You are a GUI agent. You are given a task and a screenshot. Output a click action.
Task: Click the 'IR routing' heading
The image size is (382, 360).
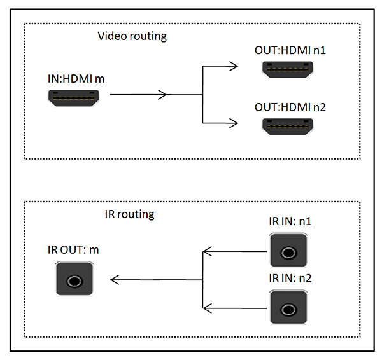click(x=129, y=214)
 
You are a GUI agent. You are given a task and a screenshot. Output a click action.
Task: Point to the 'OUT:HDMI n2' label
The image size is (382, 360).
click(x=290, y=107)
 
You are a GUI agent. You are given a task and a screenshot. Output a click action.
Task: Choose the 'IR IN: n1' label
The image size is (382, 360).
click(x=290, y=223)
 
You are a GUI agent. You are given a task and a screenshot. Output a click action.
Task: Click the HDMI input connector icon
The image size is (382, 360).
click(x=74, y=98)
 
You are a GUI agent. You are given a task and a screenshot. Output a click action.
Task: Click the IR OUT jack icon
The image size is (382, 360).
click(x=75, y=279)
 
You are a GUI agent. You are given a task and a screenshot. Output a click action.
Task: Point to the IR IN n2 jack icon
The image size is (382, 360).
click(x=288, y=308)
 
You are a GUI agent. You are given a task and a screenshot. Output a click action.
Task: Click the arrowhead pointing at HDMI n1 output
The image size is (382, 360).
click(x=234, y=66)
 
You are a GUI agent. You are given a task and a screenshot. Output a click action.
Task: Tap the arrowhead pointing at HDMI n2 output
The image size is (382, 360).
click(x=234, y=123)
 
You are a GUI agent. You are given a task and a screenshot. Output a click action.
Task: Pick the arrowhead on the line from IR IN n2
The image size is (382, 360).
click(x=207, y=308)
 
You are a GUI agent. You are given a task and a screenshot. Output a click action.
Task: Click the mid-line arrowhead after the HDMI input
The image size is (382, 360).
click(x=164, y=95)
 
